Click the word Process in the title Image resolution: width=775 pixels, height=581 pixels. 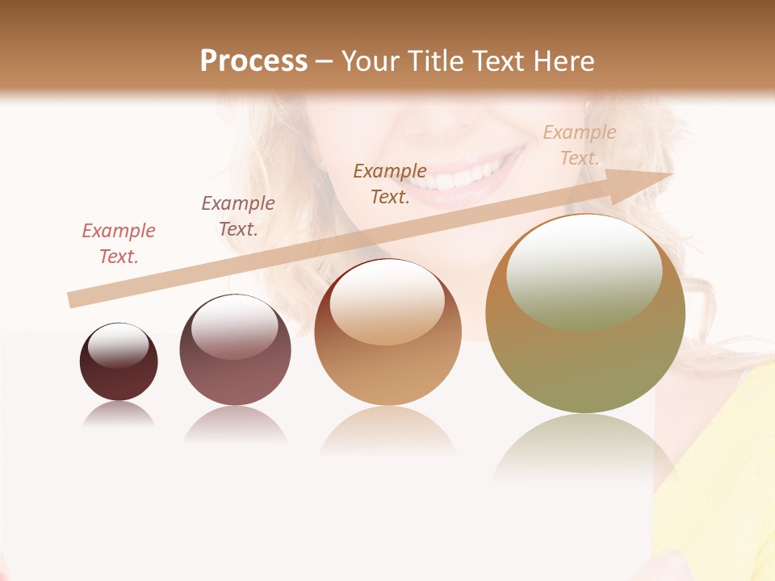pyautogui.click(x=253, y=61)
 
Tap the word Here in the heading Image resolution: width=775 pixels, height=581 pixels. pyautogui.click(x=564, y=61)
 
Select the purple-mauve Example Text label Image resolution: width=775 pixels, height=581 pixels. pyautogui.click(x=238, y=216)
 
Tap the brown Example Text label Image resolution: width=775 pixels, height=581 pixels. pyautogui.click(x=390, y=184)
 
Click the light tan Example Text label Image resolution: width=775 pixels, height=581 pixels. pyautogui.click(x=579, y=145)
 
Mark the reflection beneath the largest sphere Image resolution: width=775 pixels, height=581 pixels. pyautogui.click(x=583, y=448)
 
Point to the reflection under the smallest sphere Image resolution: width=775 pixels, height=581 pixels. pyautogui.click(x=119, y=415)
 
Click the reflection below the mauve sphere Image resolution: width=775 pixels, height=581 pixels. pyautogui.click(x=235, y=424)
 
